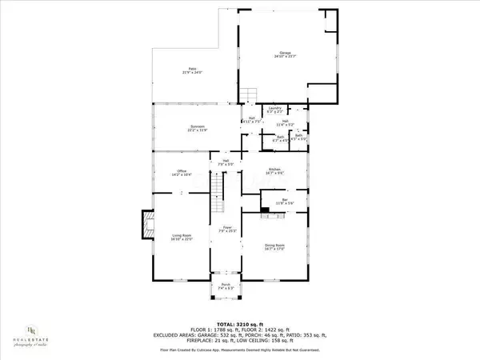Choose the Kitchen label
point(275,170)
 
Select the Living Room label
point(182,237)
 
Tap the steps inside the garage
point(250,94)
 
